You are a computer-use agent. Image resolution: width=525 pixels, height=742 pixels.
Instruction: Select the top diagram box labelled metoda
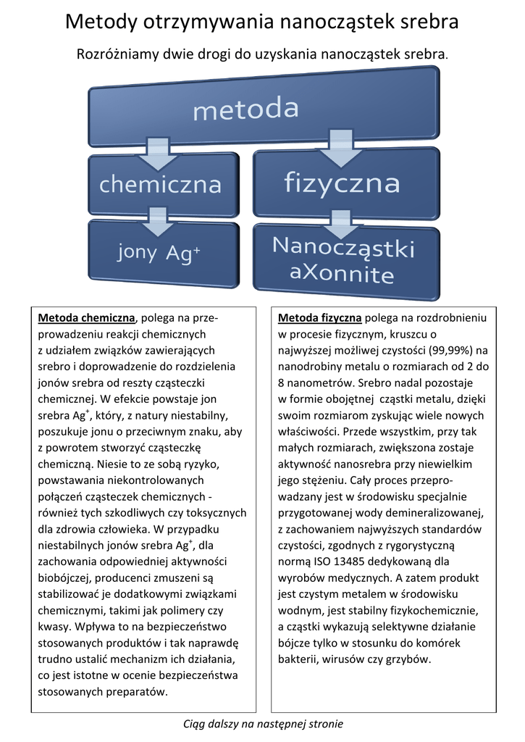click(246, 109)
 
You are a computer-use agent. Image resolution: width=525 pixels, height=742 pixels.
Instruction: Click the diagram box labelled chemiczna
click(161, 184)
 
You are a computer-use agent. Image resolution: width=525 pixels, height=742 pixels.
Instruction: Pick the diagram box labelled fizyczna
click(342, 182)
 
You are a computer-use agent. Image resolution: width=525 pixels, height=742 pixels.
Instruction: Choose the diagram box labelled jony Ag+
click(159, 253)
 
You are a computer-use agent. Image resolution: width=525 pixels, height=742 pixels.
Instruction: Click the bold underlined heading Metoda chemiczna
click(86, 317)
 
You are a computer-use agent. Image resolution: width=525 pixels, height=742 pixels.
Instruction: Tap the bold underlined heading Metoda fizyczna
click(319, 317)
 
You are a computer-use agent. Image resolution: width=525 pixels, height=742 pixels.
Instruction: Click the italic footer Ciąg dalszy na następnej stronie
click(263, 724)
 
